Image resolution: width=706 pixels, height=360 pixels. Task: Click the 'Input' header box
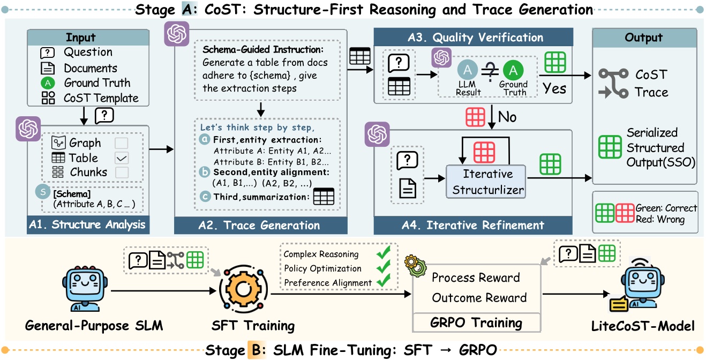click(x=81, y=37)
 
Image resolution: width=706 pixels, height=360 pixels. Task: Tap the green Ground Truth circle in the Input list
click(x=48, y=83)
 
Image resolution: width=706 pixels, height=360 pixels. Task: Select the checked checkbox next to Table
click(x=121, y=158)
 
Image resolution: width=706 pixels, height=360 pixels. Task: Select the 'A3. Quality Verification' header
click(x=474, y=37)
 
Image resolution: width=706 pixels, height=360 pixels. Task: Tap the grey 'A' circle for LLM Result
click(x=467, y=70)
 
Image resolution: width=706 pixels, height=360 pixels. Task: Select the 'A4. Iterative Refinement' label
click(x=474, y=224)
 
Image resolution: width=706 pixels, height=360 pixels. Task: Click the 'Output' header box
click(x=644, y=37)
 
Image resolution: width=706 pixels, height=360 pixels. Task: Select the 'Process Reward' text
click(x=476, y=277)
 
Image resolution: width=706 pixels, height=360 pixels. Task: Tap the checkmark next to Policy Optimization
click(x=382, y=267)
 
